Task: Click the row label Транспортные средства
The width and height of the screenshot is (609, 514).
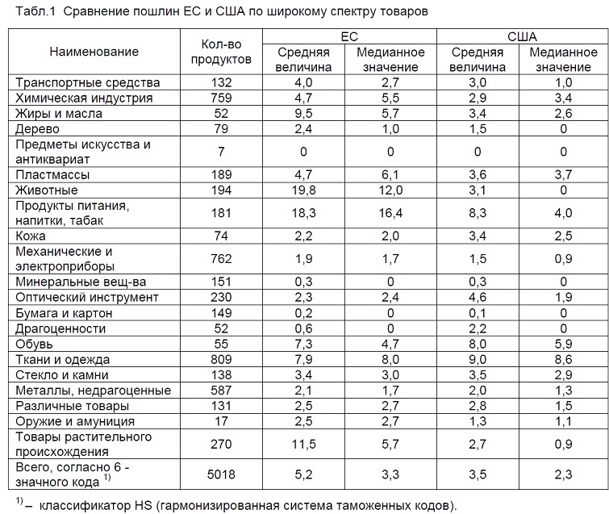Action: [x=87, y=83]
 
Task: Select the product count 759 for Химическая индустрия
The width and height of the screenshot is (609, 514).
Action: [x=221, y=98]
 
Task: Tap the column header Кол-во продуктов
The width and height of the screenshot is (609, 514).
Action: [x=221, y=52]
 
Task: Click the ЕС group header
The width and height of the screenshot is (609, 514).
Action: [x=349, y=36]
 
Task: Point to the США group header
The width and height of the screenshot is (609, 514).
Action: [x=522, y=36]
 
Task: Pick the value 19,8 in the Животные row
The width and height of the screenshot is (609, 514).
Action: [x=303, y=190]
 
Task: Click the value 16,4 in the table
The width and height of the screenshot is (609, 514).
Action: [x=390, y=213]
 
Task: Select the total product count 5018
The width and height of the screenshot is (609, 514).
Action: [x=221, y=474]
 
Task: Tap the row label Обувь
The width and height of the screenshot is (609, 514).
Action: [x=34, y=345]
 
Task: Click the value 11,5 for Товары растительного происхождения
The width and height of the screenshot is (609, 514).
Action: [x=303, y=444]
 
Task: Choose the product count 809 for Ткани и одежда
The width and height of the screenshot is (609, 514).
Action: [x=221, y=359]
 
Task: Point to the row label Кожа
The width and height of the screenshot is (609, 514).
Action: [x=31, y=236]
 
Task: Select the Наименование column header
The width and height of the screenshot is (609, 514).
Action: [x=94, y=52]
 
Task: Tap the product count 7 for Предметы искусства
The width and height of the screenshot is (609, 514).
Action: [x=221, y=152]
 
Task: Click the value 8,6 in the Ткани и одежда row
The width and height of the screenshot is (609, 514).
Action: [x=563, y=359]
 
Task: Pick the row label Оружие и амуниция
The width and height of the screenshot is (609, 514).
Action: [x=75, y=421]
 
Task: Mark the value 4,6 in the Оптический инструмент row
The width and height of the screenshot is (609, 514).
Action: [x=478, y=297]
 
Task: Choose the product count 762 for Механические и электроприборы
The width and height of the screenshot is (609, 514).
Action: [x=221, y=259]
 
